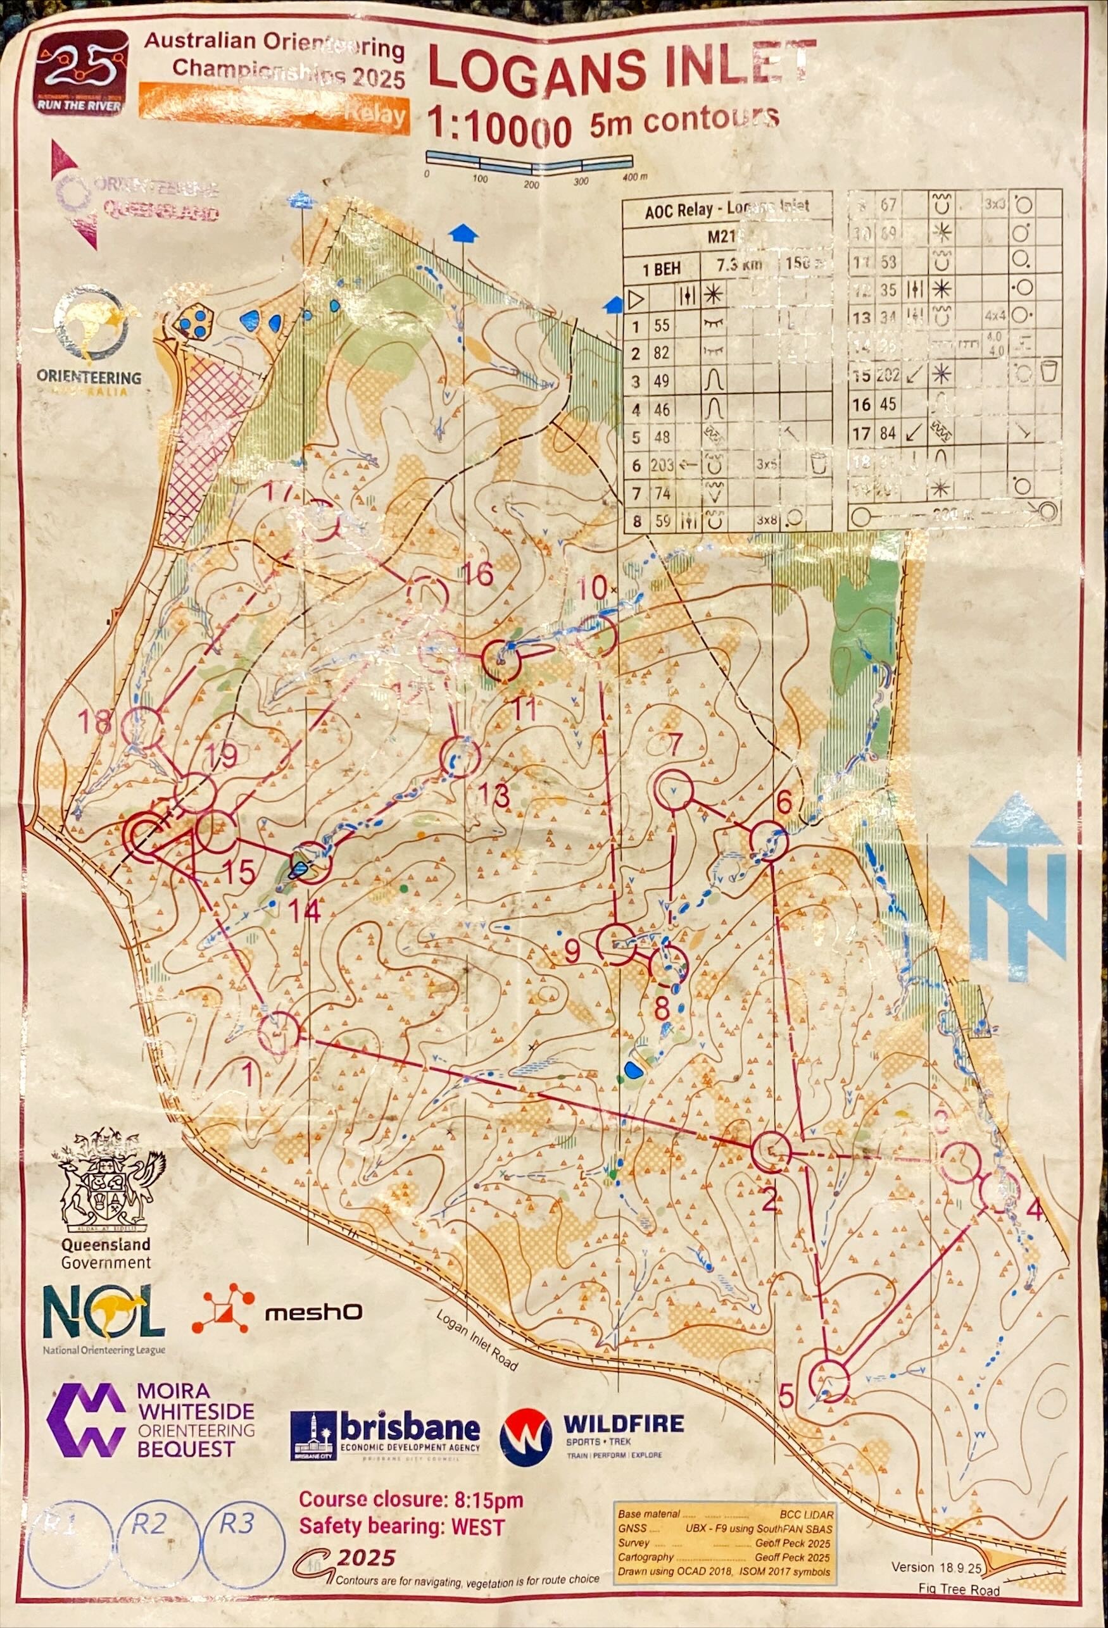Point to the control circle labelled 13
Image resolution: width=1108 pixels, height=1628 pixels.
tap(460, 757)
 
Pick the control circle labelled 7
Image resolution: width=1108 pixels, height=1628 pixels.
tap(673, 788)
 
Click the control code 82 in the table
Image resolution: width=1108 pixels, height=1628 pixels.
tap(661, 353)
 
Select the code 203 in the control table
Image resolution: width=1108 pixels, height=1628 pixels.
tap(662, 465)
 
